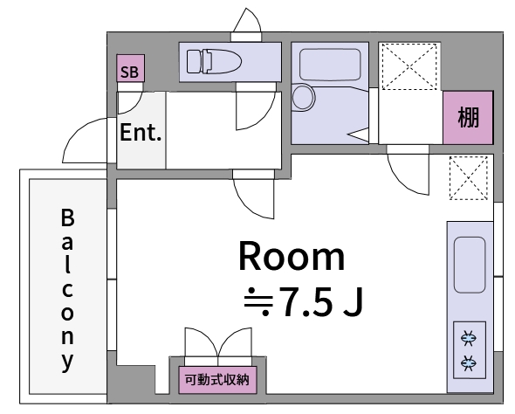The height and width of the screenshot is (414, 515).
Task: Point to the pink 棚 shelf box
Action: pyautogui.click(x=468, y=117)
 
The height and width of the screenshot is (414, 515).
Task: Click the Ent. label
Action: pyautogui.click(x=140, y=134)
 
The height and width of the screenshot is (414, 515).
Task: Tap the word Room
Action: pyautogui.click(x=292, y=258)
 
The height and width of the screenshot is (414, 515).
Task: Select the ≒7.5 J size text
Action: pyautogui.click(x=303, y=302)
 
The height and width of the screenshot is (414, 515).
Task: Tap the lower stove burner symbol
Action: pyautogui.click(x=469, y=362)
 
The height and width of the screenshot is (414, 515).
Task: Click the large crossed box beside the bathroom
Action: pyautogui.click(x=410, y=66)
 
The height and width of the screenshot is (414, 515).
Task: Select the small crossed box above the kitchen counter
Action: pyautogui.click(x=469, y=178)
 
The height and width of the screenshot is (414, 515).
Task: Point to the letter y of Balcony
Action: pyautogui.click(x=67, y=360)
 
